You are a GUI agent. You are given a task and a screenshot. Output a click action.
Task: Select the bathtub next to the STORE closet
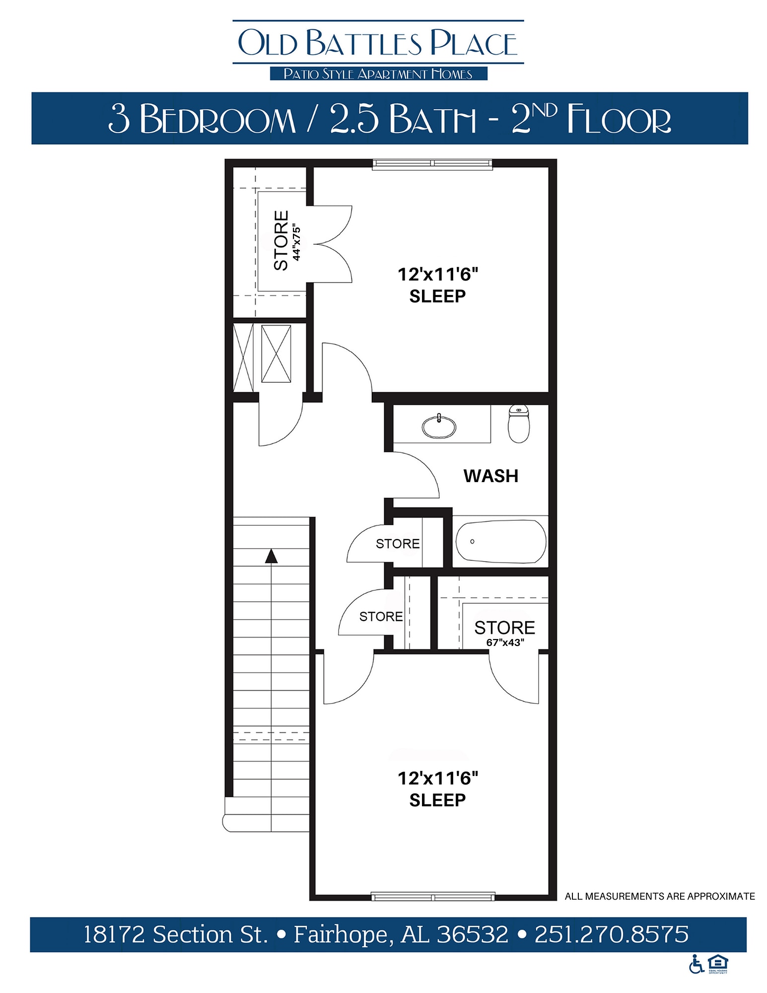pyautogui.click(x=500, y=542)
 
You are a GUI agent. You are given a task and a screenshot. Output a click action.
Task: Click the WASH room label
pyautogui.click(x=490, y=476)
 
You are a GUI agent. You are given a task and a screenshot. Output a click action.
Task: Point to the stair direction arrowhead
pyautogui.click(x=271, y=556)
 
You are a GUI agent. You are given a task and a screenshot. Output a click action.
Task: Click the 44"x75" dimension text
pyautogui.click(x=296, y=243)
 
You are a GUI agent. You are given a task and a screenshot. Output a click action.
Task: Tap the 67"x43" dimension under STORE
pyautogui.click(x=505, y=642)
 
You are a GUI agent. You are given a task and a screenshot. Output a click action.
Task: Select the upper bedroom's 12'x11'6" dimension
pyautogui.click(x=437, y=274)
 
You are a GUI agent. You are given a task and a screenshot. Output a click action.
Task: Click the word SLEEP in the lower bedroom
pyautogui.click(x=437, y=800)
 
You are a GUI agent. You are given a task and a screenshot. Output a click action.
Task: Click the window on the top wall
pyautogui.click(x=432, y=164)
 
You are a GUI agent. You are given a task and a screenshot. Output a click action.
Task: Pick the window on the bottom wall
pyautogui.click(x=432, y=897)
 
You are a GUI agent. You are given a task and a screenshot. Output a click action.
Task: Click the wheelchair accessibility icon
pyautogui.click(x=696, y=964)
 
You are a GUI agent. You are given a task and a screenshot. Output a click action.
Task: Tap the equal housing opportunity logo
pyautogui.click(x=718, y=963)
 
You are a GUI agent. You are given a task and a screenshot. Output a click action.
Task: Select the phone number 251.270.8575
pyautogui.click(x=611, y=934)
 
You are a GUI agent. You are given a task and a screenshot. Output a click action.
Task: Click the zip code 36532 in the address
pyautogui.click(x=472, y=934)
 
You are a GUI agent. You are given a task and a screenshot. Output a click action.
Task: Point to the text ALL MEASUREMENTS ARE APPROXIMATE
pyautogui.click(x=659, y=896)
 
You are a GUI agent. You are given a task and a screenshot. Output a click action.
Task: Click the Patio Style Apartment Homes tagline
pyautogui.click(x=378, y=74)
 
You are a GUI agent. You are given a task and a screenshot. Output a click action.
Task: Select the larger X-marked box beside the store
pyautogui.click(x=276, y=354)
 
